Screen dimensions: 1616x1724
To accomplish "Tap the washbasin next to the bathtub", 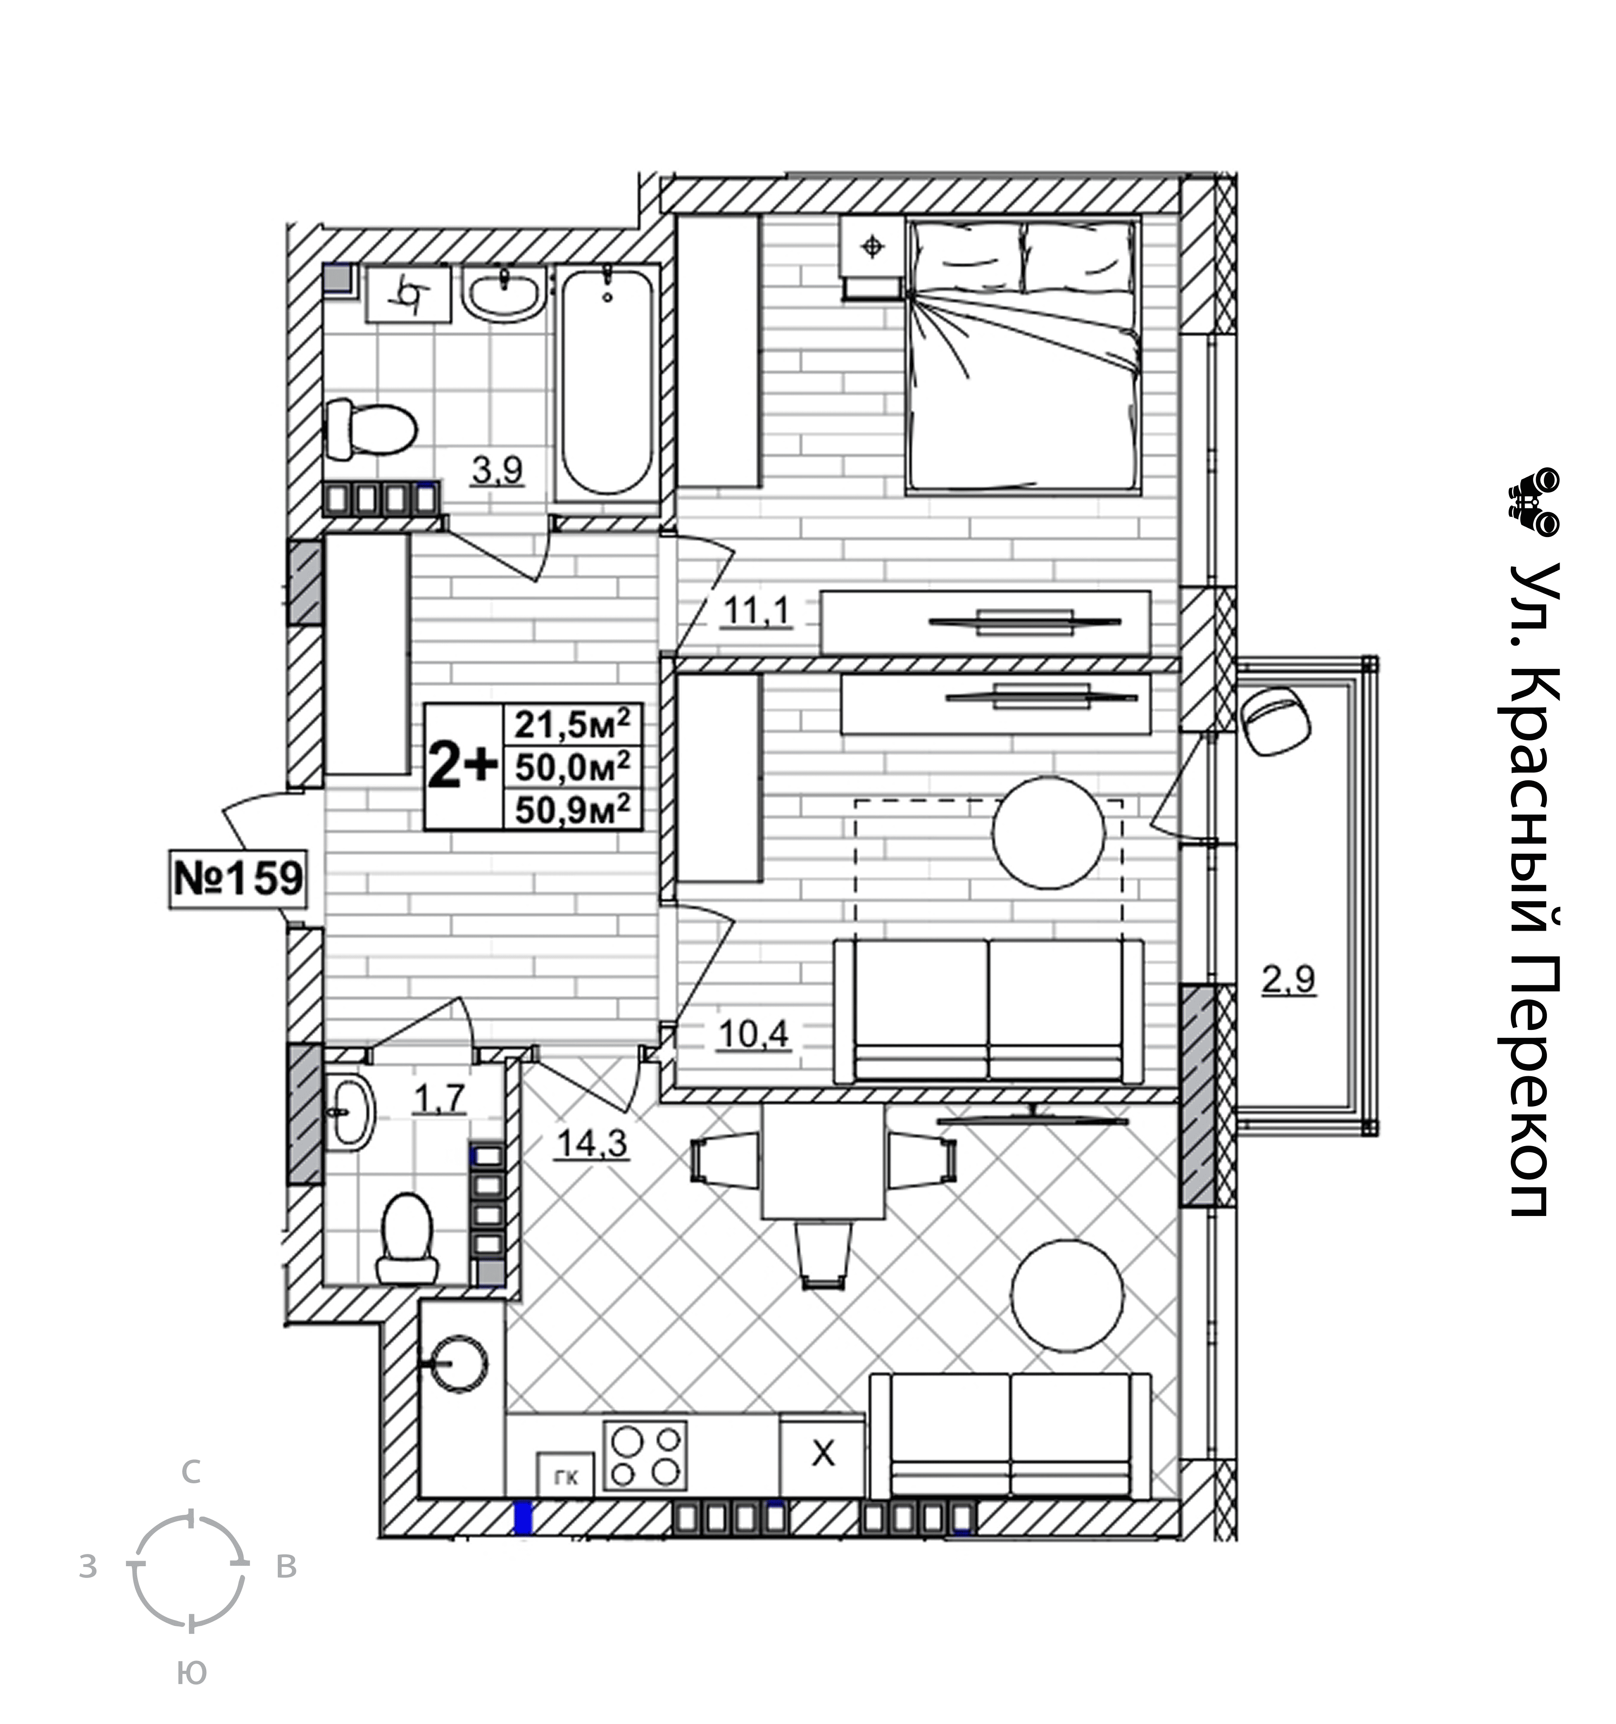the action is click(x=503, y=294).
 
